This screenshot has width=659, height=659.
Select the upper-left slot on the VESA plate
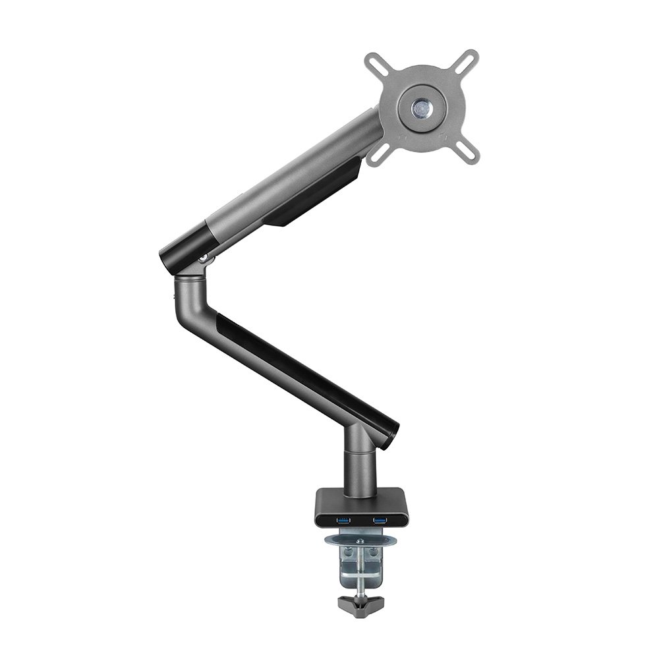378,65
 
